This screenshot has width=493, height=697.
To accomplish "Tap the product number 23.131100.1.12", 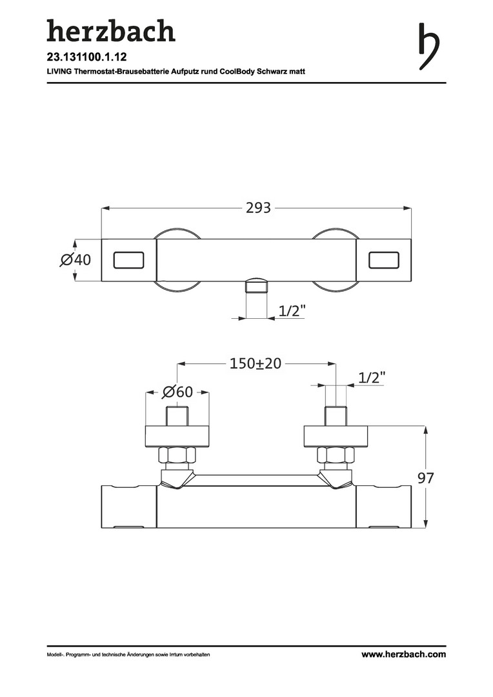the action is (86, 57).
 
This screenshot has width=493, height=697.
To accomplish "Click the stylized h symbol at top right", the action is (428, 46).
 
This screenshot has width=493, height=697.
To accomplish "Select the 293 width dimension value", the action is (258, 208).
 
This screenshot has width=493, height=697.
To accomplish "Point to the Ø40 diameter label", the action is (75, 259).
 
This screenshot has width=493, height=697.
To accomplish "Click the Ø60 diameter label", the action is (178, 392).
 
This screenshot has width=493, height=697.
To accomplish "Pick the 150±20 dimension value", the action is (256, 363).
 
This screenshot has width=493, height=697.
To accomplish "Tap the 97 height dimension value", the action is (425, 478).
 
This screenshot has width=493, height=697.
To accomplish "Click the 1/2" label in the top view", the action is (292, 310).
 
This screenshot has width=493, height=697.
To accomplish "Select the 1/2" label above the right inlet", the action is (372, 378).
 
